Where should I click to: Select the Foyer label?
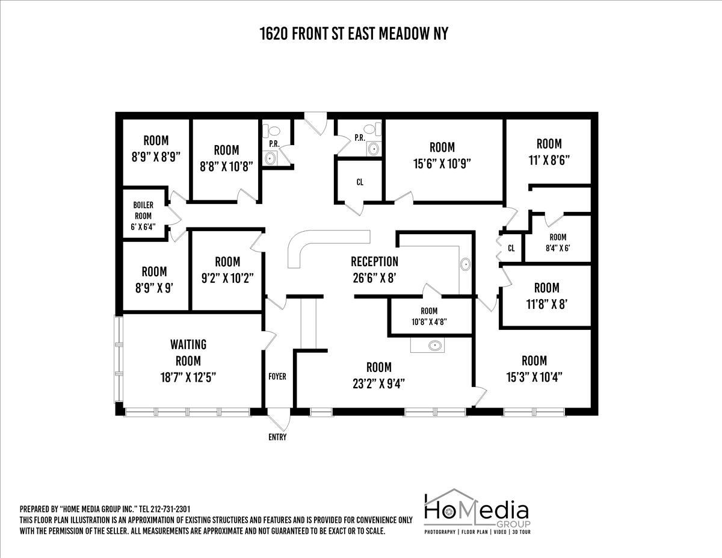coord(277,377)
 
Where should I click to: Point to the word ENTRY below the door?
coord(277,437)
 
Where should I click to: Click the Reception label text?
coord(374,262)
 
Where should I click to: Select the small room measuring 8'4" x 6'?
coord(558,242)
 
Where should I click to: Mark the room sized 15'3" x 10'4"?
coord(534,368)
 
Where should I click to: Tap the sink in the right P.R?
coord(374,147)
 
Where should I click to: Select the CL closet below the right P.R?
coord(360,182)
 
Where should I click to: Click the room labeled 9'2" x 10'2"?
coord(227,270)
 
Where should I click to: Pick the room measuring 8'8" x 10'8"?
coord(226,158)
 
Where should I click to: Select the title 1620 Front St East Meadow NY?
coord(354,34)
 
